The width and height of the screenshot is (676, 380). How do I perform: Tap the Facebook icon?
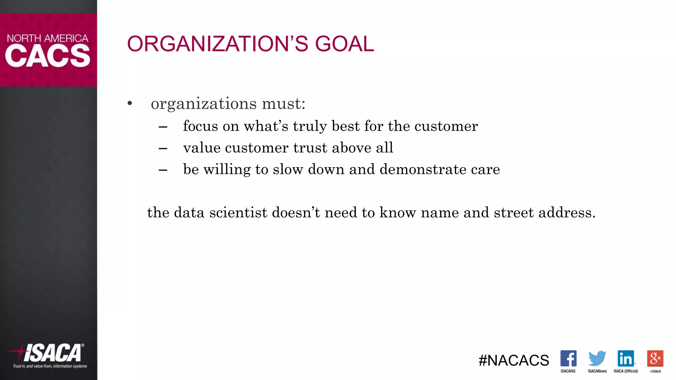tap(568, 358)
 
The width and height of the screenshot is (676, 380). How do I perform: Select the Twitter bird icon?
tap(597, 358)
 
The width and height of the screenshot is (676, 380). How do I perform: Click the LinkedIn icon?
tap(626, 358)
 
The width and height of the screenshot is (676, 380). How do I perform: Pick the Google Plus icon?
tap(655, 358)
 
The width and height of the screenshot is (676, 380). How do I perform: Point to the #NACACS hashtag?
tap(514, 360)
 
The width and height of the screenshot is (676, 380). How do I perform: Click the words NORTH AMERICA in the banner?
tap(48, 38)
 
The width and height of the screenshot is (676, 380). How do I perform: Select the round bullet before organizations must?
tap(130, 104)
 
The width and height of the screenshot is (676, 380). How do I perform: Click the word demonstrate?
tap(423, 170)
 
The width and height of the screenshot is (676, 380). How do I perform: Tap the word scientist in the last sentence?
tap(238, 213)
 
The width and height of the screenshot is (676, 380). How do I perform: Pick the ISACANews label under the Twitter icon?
tap(597, 371)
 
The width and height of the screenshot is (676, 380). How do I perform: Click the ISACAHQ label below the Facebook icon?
tap(568, 371)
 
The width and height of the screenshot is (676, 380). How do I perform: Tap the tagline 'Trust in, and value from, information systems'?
tap(50, 366)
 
